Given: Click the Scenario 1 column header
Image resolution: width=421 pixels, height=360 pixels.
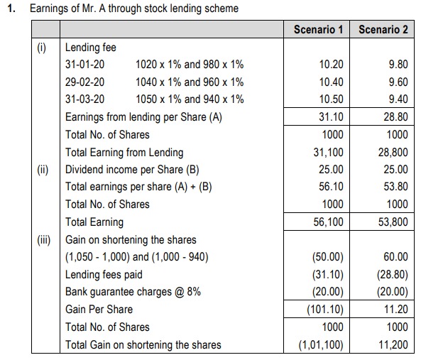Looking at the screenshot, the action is coord(318,30).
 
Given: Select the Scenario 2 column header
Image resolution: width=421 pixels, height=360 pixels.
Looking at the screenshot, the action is coord(383,30).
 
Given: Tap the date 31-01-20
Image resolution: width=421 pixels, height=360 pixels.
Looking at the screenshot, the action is coord(85,65).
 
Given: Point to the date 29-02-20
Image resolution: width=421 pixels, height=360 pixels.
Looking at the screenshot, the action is coord(85,82).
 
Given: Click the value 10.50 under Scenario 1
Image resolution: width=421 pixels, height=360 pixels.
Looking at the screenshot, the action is coord(331,99).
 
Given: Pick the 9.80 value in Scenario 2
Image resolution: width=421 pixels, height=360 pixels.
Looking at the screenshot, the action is coord(398,65).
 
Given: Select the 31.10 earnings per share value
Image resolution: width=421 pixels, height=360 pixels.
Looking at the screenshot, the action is coord(331,117).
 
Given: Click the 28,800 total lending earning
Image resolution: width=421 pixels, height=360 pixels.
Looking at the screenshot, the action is coord(393,153).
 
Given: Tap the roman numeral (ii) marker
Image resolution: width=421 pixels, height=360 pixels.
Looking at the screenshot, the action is coord(43,170).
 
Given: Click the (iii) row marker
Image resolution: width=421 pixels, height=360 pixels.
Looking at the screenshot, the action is coord(44,240).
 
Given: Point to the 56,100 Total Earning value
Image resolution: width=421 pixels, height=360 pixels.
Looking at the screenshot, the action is coord(329,222).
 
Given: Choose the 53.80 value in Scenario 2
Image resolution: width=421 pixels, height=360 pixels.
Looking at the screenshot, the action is coord(395,187).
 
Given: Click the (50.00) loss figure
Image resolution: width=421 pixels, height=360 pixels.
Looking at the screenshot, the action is coord(328,257).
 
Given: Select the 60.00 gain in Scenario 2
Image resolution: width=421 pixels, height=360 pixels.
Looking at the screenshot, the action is coord(395,257).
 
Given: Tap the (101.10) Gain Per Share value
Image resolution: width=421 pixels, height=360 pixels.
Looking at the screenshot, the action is coord(325,310).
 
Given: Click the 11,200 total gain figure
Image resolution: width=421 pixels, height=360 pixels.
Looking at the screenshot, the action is coord(393,345).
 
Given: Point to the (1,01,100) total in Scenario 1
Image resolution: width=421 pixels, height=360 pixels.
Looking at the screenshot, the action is coord(321,345).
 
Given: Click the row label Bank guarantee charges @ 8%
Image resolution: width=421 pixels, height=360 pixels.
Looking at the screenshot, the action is coord(133,292).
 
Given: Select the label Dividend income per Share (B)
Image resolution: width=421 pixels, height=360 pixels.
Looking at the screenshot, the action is coord(132,170).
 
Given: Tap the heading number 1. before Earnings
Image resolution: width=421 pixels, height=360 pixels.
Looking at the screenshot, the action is coord(11,9).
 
